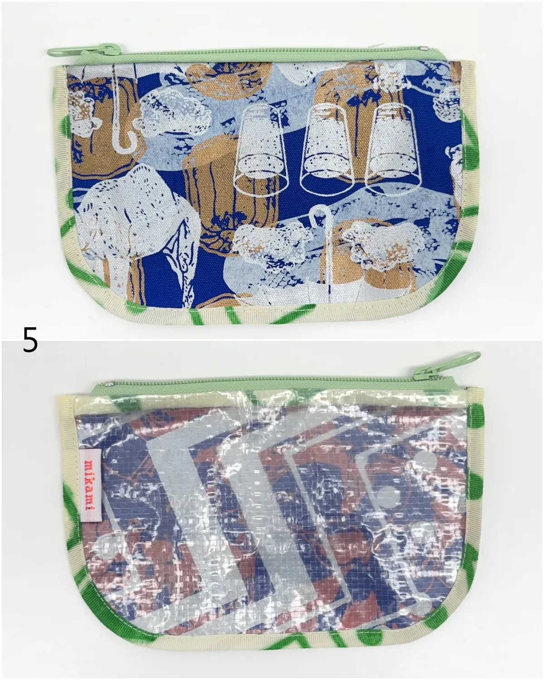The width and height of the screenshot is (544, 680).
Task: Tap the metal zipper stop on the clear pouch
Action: [109, 384]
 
